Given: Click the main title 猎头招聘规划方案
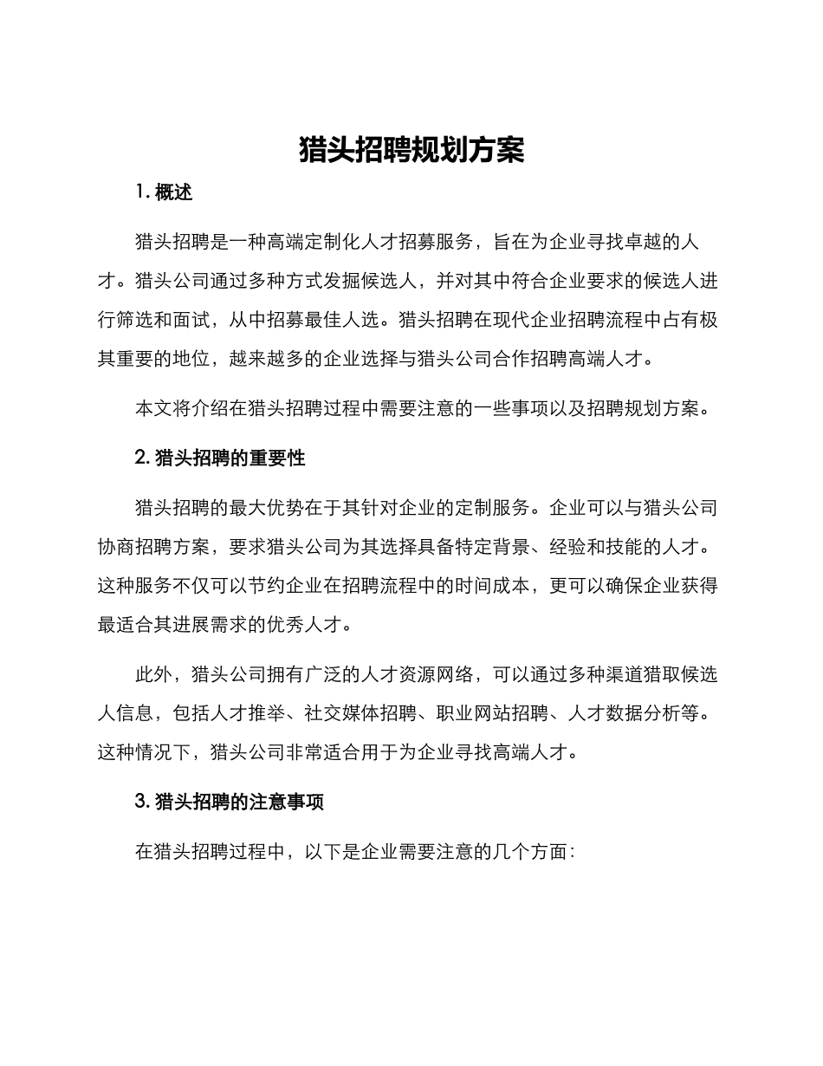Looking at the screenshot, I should pos(411,150).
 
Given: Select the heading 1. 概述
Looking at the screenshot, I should pos(164,192).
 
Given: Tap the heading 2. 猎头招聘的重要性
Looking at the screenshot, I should pos(220,458).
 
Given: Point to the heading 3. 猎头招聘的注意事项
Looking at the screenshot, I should pos(230,802).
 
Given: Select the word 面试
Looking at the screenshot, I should pos(191,319).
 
